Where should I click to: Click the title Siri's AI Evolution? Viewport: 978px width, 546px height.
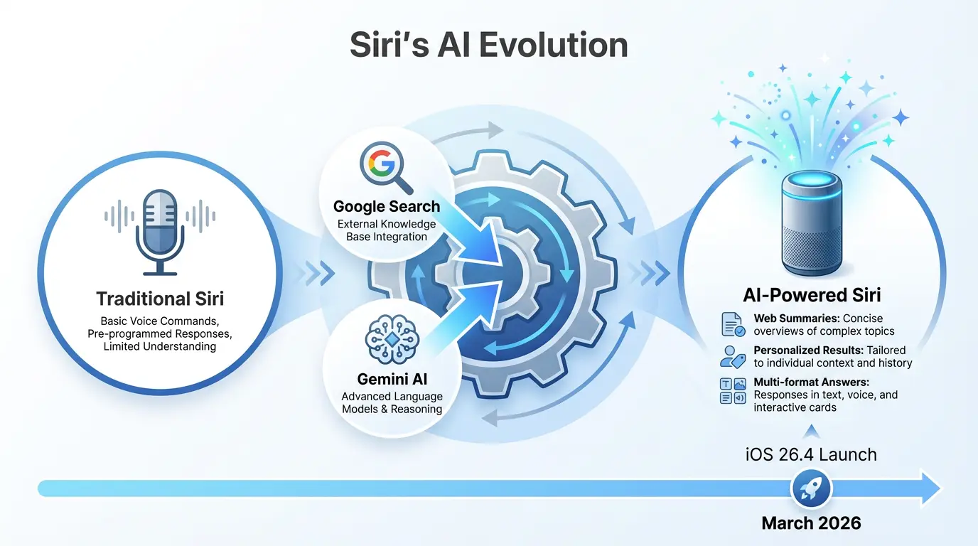pos(488,45)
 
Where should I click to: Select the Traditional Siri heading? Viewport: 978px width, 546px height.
pos(160,298)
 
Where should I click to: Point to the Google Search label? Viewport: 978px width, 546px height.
pos(387,206)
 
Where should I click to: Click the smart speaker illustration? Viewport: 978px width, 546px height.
pos(811,222)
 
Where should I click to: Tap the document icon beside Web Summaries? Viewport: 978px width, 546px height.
pos(733,324)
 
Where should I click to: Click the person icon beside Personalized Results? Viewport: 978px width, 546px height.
pos(733,356)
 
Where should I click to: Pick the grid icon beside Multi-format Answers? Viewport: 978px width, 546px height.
pos(733,392)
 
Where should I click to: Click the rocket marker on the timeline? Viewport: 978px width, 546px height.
pos(811,488)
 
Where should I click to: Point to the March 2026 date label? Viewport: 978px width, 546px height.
pos(811,523)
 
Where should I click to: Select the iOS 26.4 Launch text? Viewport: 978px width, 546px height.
pos(811,454)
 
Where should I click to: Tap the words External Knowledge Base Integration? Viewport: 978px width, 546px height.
pos(387,230)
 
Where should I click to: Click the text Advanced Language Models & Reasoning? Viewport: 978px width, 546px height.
pos(392,402)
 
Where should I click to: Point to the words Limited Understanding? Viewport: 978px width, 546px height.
pos(160,346)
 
